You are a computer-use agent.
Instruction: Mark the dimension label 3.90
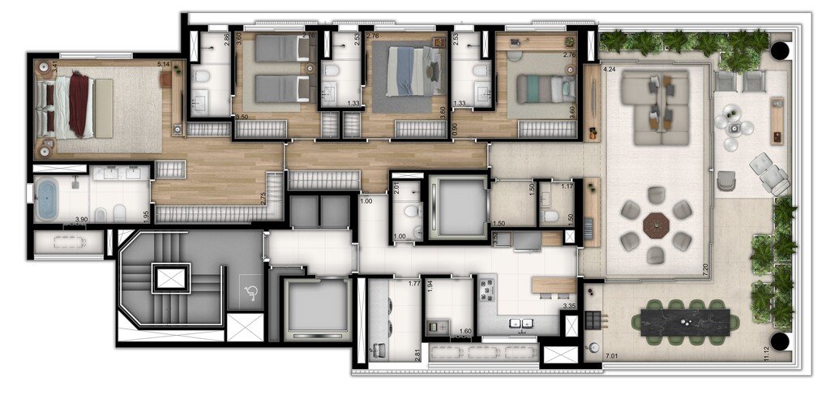click(81, 220)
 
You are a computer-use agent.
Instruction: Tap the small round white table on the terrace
click(734, 125)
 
